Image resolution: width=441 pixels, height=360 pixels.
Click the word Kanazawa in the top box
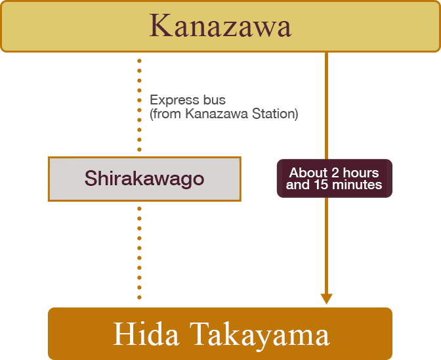click(220, 27)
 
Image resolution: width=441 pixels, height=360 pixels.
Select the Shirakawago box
click(144, 179)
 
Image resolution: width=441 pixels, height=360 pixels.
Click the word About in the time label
click(308, 173)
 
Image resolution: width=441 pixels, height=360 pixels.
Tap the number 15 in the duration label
click(319, 185)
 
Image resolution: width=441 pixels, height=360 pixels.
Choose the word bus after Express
click(213, 101)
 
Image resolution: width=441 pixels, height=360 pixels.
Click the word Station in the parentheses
click(276, 114)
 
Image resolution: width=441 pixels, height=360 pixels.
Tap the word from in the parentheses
click(168, 114)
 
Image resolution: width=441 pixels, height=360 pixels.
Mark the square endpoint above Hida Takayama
click(326, 300)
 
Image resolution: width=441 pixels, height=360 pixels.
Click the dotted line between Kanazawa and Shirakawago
click(140, 105)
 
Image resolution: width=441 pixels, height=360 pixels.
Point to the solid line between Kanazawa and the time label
click(326, 105)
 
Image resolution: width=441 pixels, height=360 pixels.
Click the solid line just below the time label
click(326, 243)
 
